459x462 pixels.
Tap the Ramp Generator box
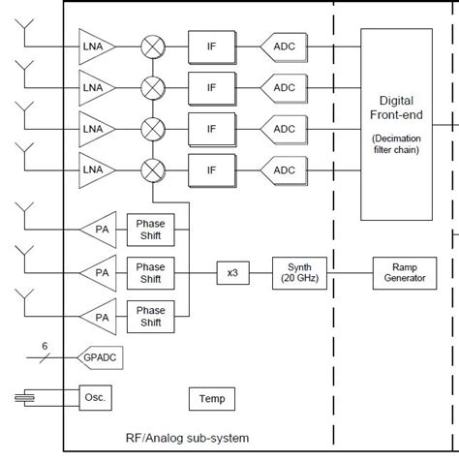tap(404, 273)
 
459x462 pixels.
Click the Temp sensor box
tap(212, 398)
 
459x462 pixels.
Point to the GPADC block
tap(101, 356)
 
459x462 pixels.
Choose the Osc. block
tap(97, 397)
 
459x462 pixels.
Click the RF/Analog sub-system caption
tap(186, 439)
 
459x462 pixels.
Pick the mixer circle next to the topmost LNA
tap(153, 46)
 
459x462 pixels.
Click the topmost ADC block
tap(283, 46)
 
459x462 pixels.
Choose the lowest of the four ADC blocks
tap(283, 170)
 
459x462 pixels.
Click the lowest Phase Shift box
tap(150, 317)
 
